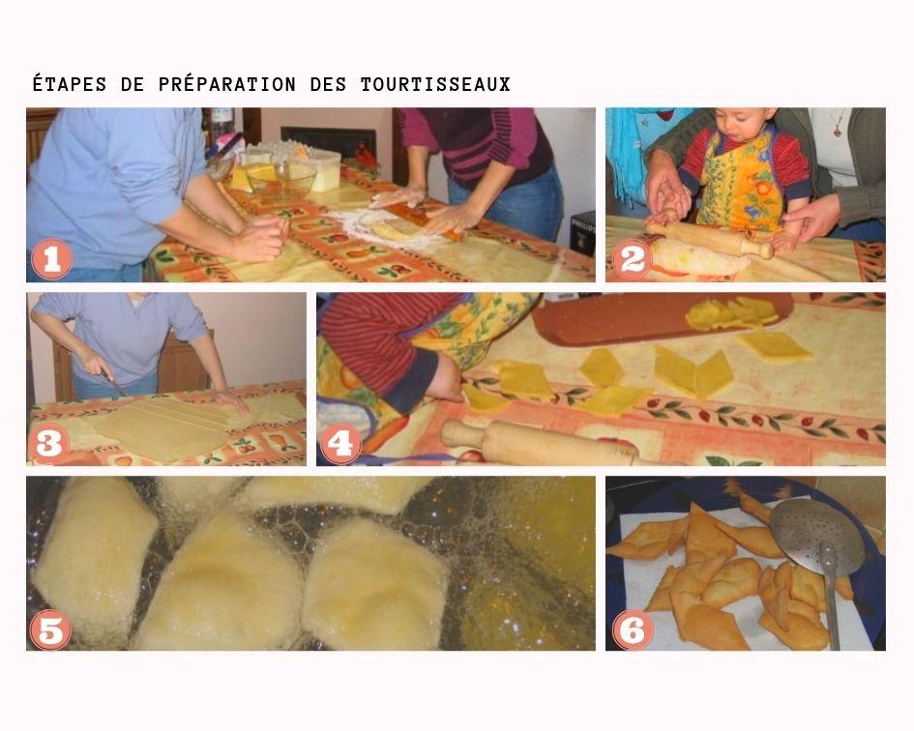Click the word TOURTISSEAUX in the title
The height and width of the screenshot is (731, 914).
[x=435, y=85]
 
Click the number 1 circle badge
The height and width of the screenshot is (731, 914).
[x=50, y=260]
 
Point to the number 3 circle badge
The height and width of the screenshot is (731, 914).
[x=50, y=444]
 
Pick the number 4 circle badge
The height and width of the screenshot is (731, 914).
[x=340, y=444]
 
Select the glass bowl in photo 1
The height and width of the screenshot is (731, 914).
[x=279, y=178]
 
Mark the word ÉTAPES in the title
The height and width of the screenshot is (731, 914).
[x=71, y=85]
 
